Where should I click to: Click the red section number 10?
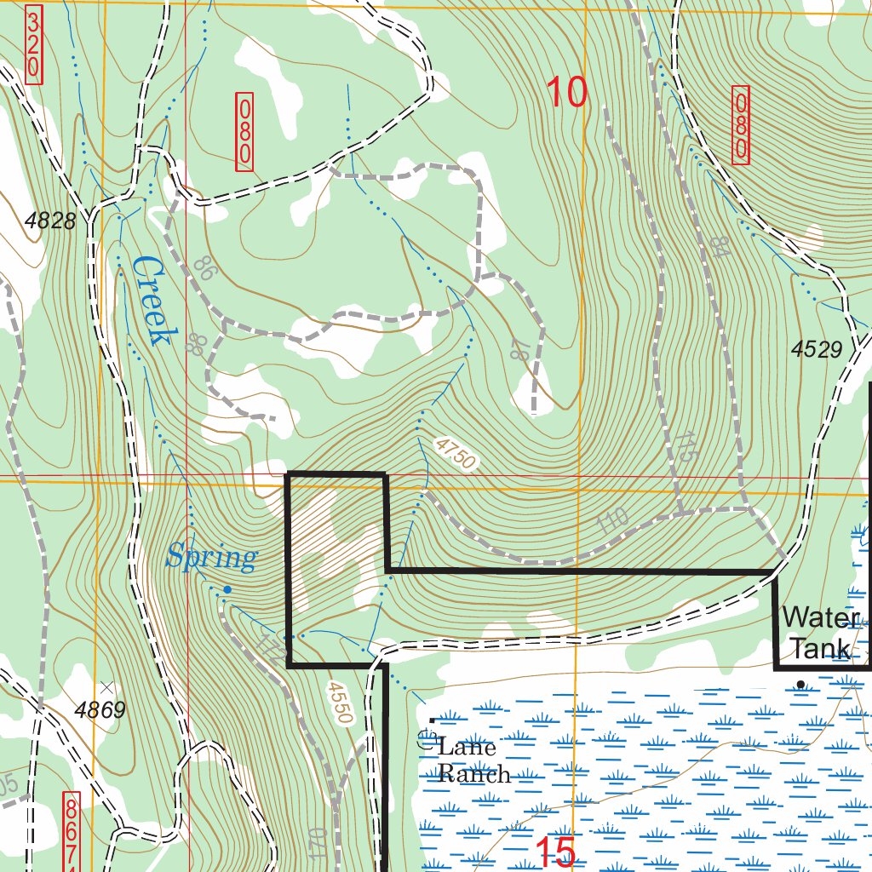point(566,92)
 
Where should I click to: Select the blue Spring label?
point(210,558)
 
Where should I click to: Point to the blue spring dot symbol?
point(227,589)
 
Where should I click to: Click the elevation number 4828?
point(50,221)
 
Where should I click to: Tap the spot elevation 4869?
point(100,709)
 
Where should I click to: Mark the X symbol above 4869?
point(106,686)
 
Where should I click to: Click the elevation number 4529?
point(816,349)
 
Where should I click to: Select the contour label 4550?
point(339,702)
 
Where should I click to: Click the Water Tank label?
point(820,632)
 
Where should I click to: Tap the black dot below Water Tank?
point(800,684)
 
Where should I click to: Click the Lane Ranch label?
point(473,760)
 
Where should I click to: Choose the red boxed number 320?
point(34,45)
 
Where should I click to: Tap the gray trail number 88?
point(196,344)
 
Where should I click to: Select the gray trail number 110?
point(612,520)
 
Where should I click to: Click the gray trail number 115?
point(688,446)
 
